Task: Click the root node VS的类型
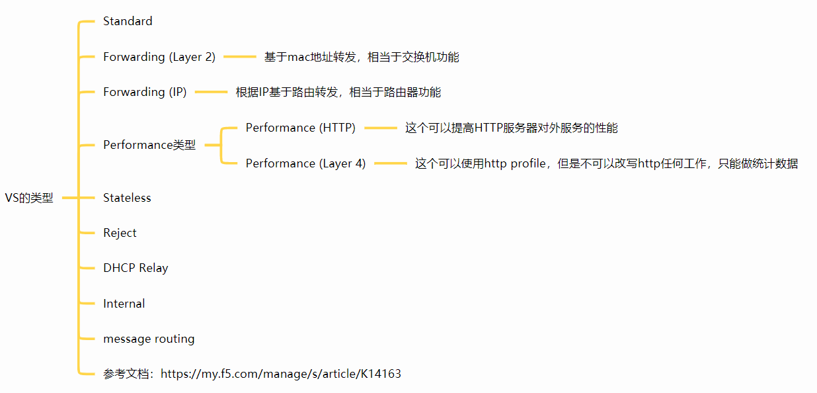[x=29, y=198]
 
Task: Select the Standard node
[x=128, y=21]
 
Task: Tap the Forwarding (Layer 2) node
[x=159, y=57]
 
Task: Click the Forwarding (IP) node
[x=145, y=92]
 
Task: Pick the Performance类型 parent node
[x=149, y=145]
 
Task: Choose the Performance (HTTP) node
[x=301, y=128]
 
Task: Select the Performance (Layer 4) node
[x=305, y=163]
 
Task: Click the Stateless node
[x=127, y=198]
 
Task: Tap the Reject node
[x=120, y=233]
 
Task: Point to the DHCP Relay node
[x=136, y=268]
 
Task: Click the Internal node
[x=124, y=304]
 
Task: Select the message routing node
[x=149, y=339]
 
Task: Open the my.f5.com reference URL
[x=280, y=374]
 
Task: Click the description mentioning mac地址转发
[x=362, y=57]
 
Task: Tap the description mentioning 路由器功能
[x=338, y=92]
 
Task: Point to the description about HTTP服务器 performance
[x=511, y=128]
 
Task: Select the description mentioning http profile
[x=606, y=163]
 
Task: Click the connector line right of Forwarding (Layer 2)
[x=239, y=57]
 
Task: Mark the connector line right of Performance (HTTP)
[x=380, y=128]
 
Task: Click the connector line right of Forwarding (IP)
[x=211, y=92]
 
